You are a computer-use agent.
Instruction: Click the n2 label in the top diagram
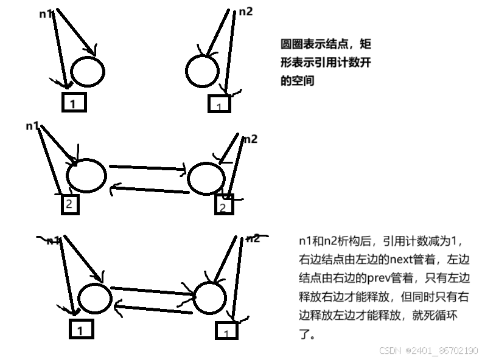(x=246, y=11)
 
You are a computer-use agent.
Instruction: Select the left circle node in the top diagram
(x=87, y=71)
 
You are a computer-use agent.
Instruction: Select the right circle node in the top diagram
(x=202, y=71)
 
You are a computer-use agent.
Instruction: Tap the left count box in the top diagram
(x=73, y=102)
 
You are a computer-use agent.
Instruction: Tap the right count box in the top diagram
(x=220, y=105)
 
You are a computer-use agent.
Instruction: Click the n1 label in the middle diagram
(x=32, y=126)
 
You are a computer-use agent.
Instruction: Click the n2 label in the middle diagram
(x=250, y=139)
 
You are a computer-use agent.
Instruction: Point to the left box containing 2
(x=70, y=205)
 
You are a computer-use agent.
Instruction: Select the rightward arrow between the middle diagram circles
(x=147, y=168)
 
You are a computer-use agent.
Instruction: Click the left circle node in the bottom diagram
(x=94, y=299)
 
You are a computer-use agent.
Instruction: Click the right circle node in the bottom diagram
(x=212, y=296)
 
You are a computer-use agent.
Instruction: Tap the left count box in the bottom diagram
(x=81, y=330)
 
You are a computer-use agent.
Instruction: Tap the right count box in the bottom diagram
(x=226, y=332)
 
